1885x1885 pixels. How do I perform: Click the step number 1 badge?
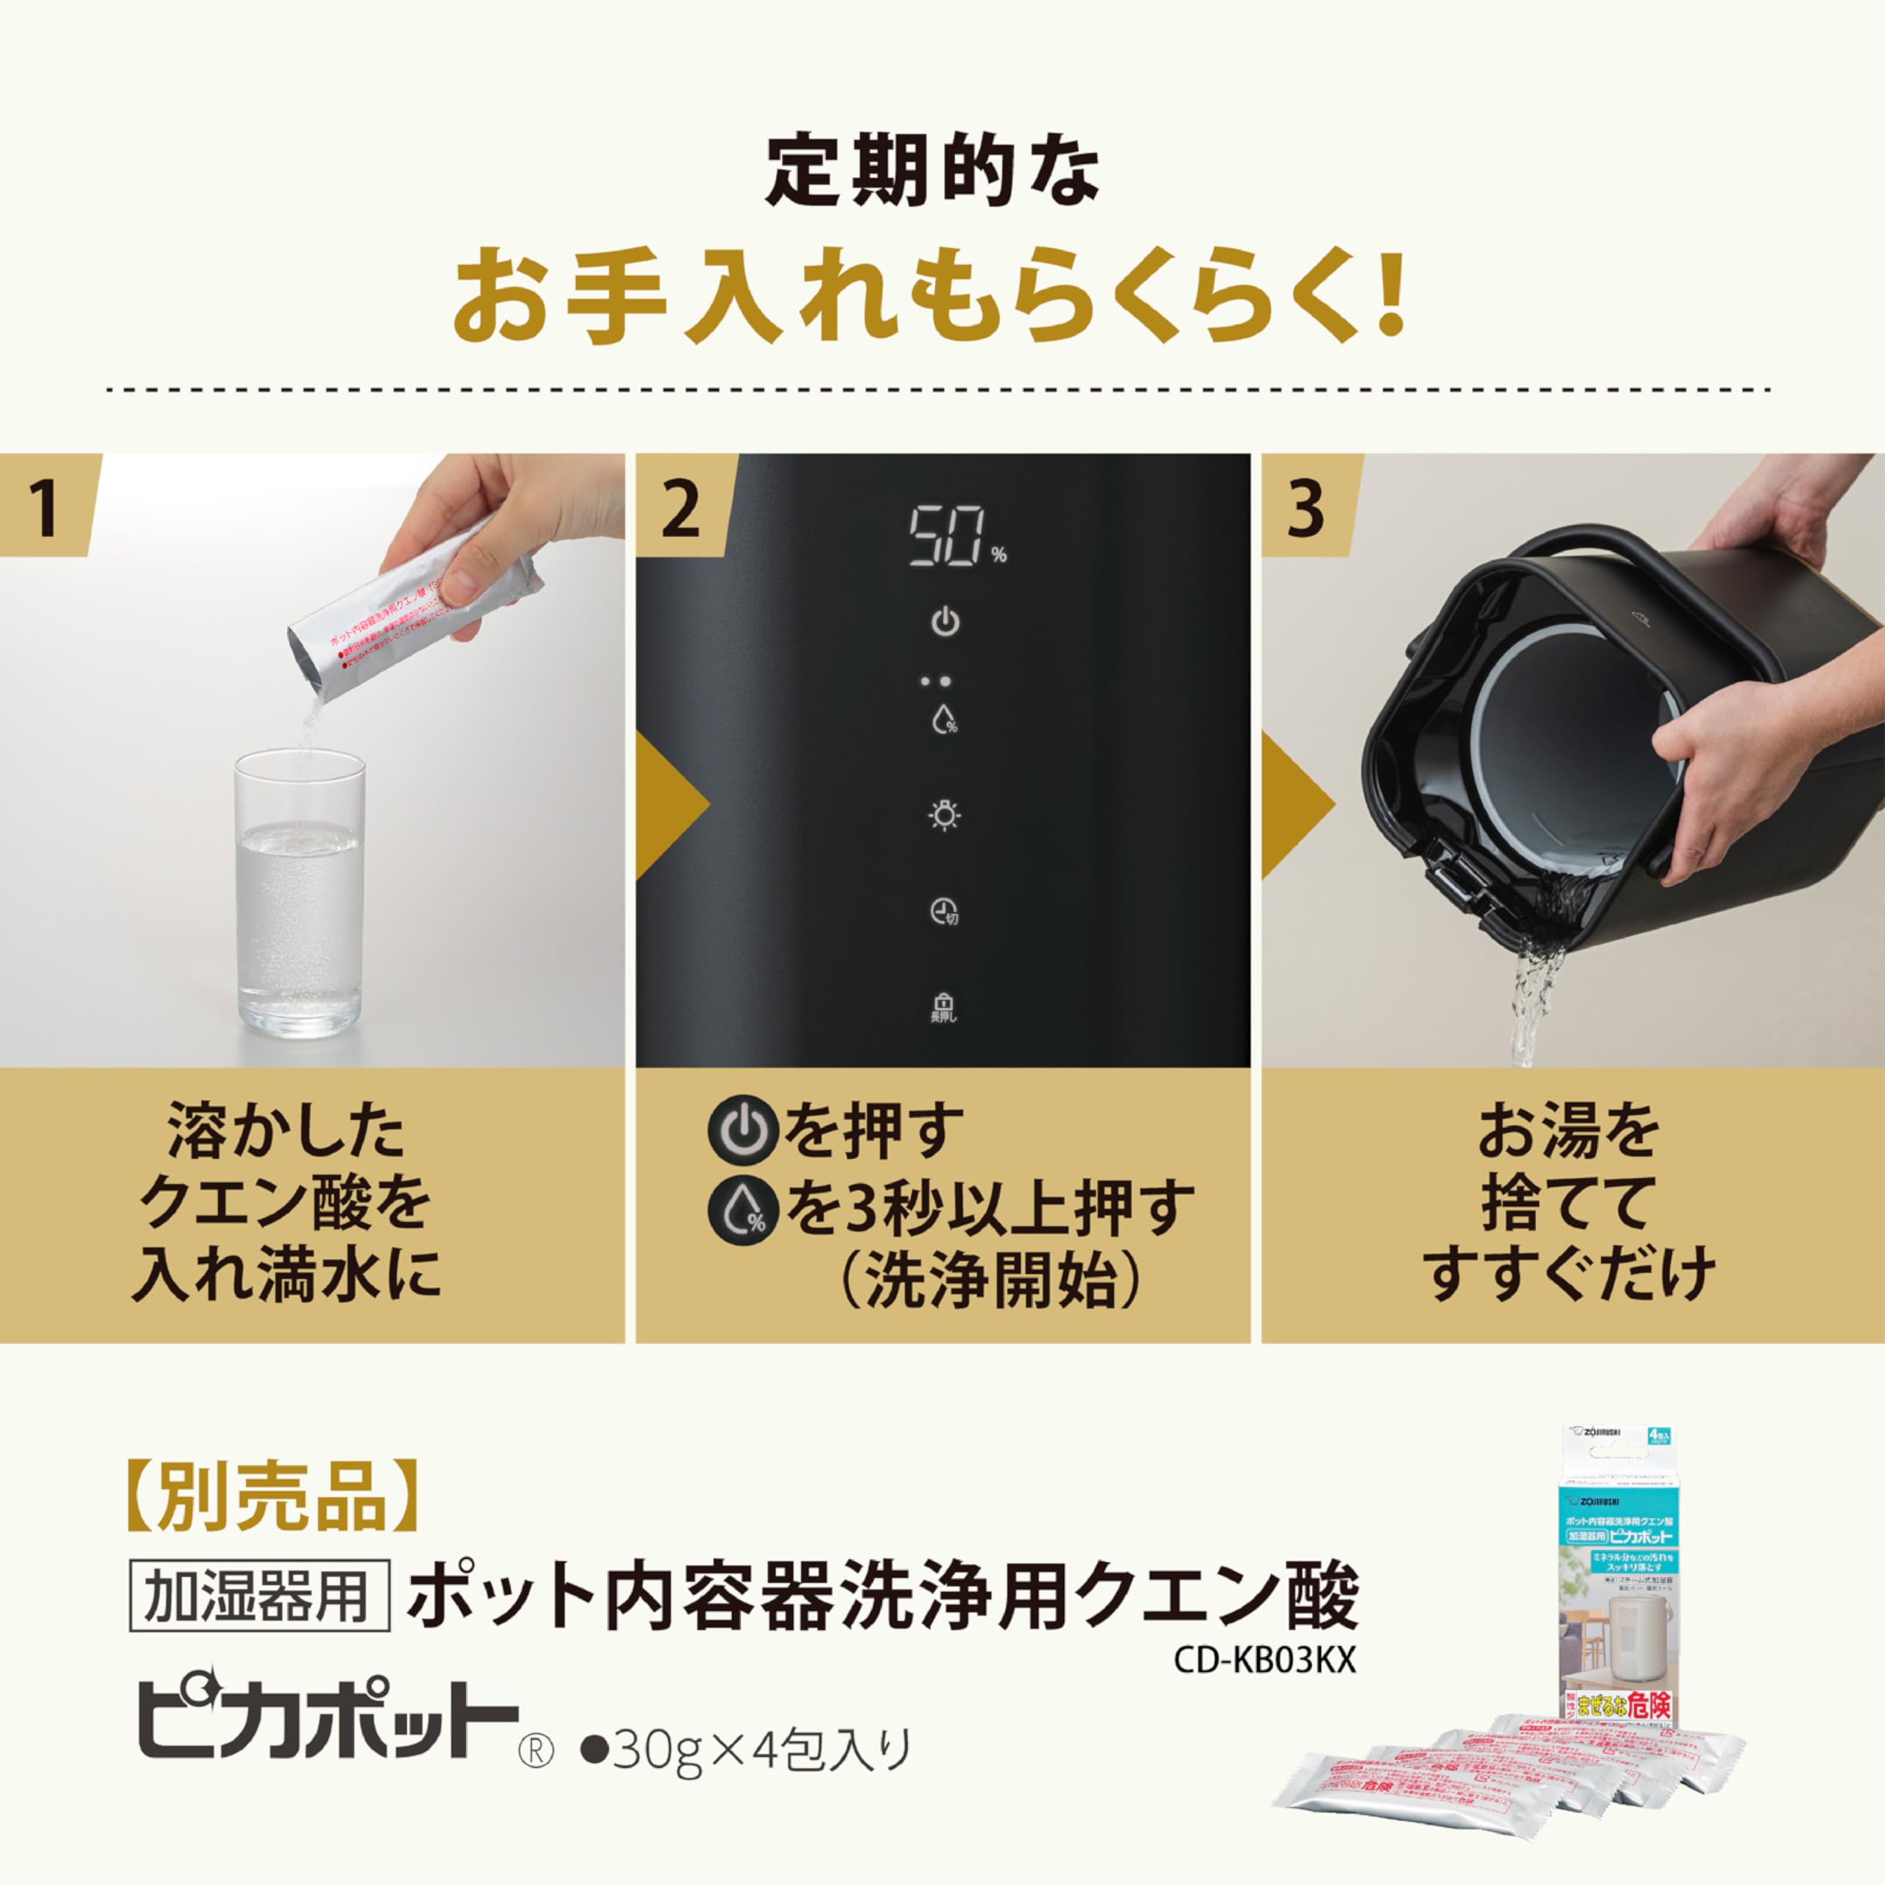tap(44, 508)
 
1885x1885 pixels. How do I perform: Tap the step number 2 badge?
tap(680, 508)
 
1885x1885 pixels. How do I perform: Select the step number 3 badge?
tap(1306, 508)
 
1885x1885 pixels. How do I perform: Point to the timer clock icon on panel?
tap(943, 912)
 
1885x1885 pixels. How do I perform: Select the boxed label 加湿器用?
tap(259, 1597)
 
